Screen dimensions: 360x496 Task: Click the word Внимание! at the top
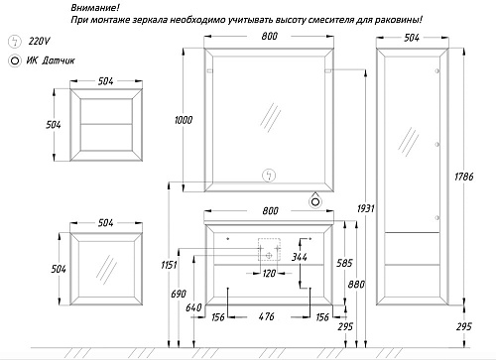coord(95,7)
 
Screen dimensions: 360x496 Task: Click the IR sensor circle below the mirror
coord(316,201)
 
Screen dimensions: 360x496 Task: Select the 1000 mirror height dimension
coord(181,119)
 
